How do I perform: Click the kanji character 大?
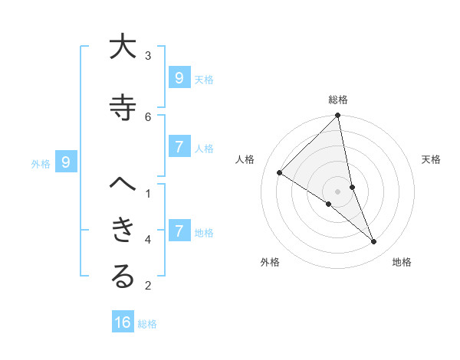pyautogui.click(x=123, y=47)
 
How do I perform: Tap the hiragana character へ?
pyautogui.click(x=123, y=185)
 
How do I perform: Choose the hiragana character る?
pyautogui.click(x=123, y=277)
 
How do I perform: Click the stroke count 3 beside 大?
pyautogui.click(x=148, y=55)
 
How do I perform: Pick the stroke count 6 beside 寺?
pyautogui.click(x=148, y=116)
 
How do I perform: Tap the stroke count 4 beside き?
pyautogui.click(x=148, y=240)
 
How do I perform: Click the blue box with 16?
pyautogui.click(x=123, y=322)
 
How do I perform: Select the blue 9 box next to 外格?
pyautogui.click(x=66, y=162)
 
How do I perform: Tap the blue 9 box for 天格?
pyautogui.click(x=179, y=78)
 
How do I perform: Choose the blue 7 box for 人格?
pyautogui.click(x=179, y=147)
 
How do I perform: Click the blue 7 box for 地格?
pyautogui.click(x=179, y=231)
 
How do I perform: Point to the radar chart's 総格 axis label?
pyautogui.click(x=338, y=100)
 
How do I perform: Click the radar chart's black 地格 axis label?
pyautogui.click(x=402, y=262)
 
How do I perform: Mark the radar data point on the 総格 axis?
pyautogui.click(x=338, y=116)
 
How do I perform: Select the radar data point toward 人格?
pyautogui.click(x=280, y=172)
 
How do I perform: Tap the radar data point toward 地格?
pyautogui.click(x=374, y=241)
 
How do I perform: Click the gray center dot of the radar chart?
pyautogui.click(x=338, y=191)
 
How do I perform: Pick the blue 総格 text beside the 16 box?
pyautogui.click(x=147, y=324)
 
